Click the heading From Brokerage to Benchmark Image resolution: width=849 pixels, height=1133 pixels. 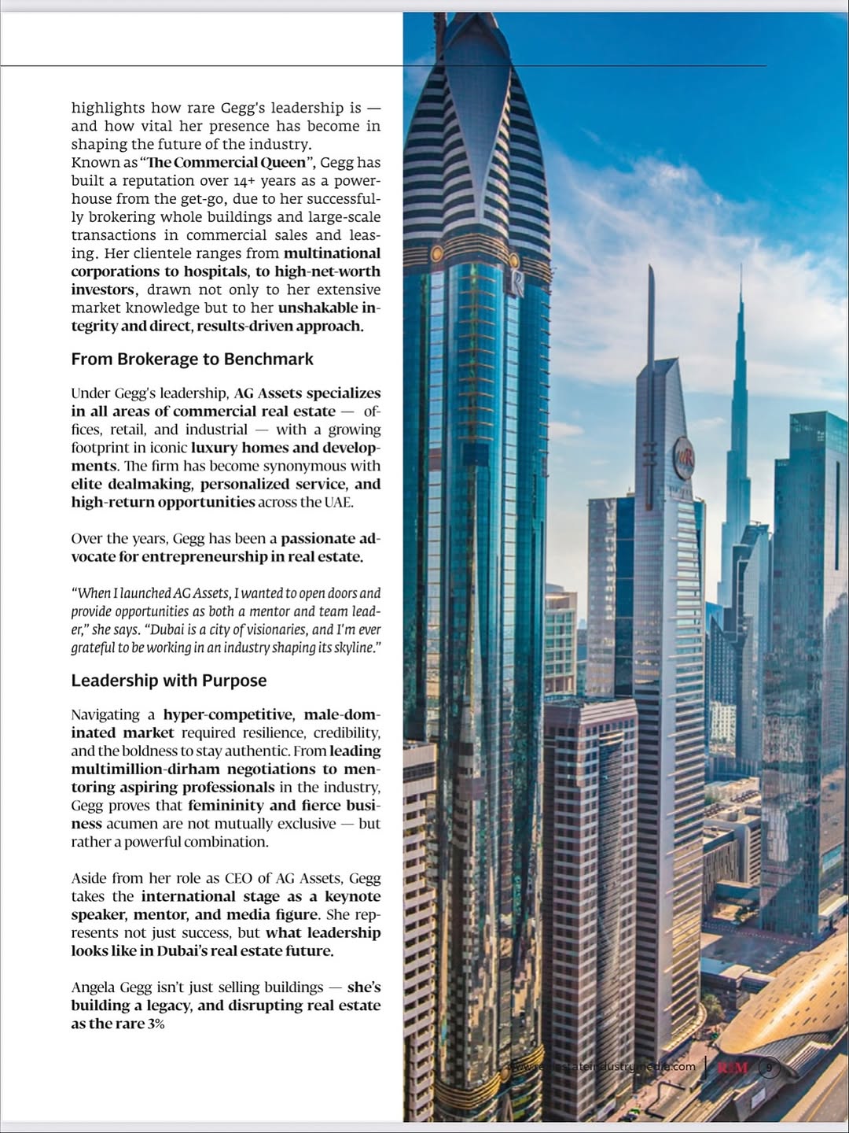point(192,360)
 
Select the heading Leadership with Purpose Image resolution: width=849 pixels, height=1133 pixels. point(169,681)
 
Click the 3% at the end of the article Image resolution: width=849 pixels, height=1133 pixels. point(156,1024)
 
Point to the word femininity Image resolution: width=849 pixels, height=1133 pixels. point(227,806)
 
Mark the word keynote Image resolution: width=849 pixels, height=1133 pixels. point(352,896)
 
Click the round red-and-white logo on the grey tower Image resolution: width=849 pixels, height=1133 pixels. point(683,457)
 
